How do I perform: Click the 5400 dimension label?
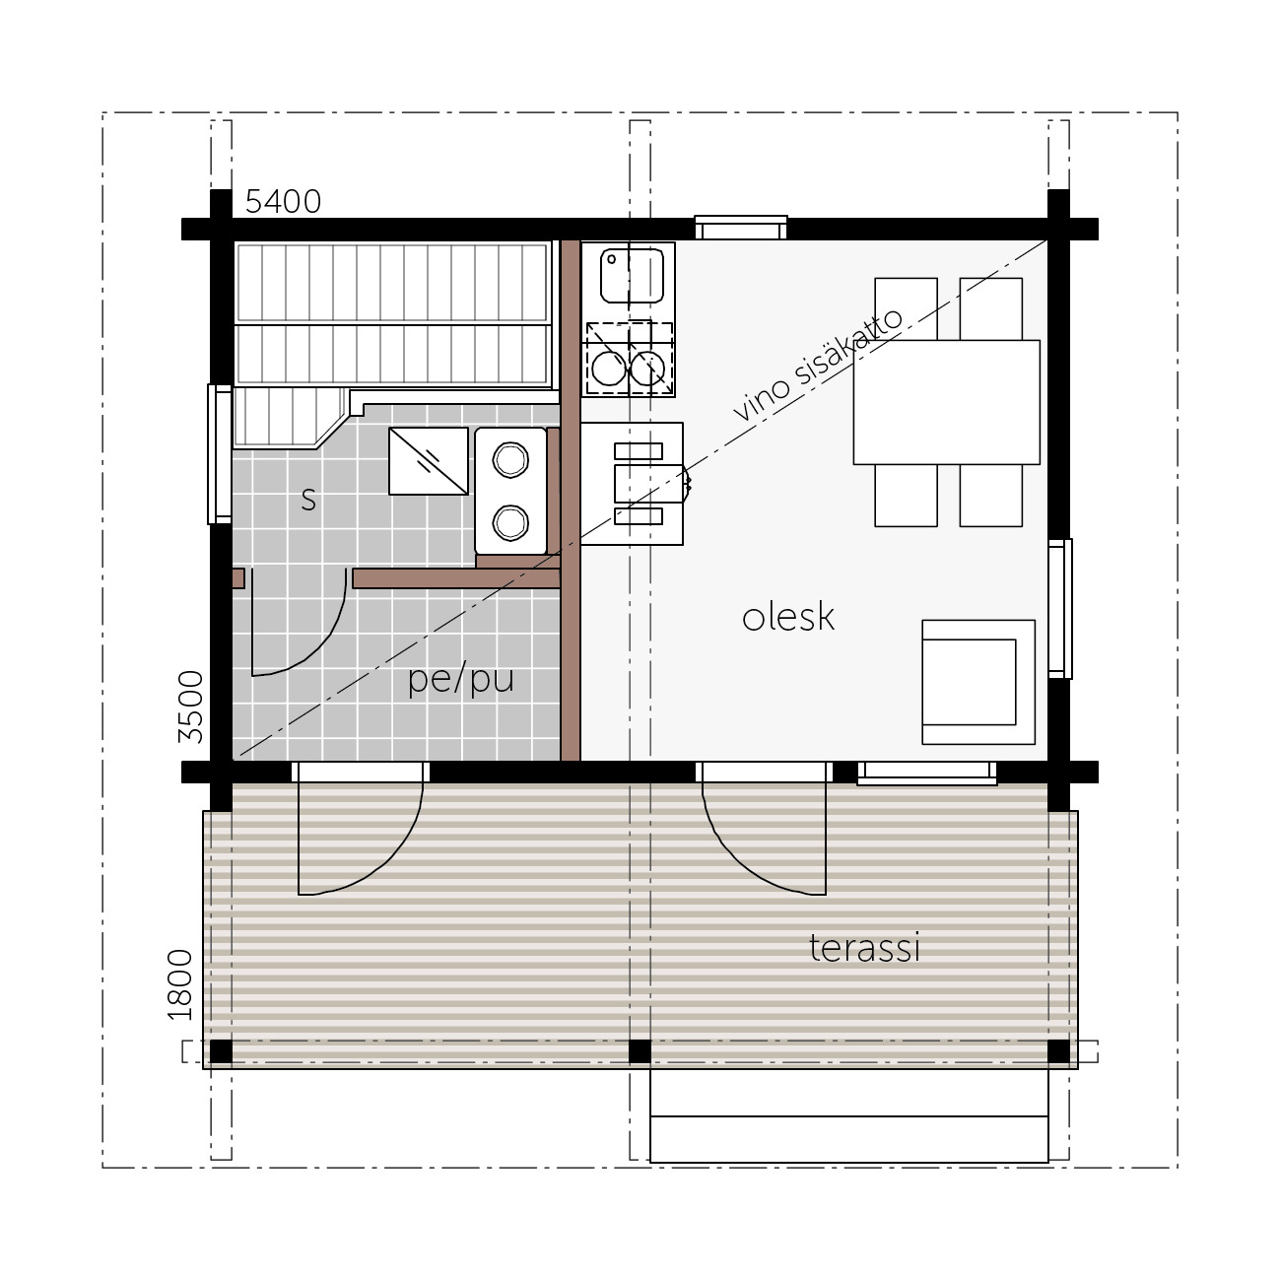283,201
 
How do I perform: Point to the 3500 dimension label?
190,707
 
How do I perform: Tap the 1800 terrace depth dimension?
180,985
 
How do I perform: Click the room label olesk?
787,617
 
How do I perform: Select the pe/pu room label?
461,680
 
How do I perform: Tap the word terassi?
864,947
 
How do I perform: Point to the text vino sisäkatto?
818,366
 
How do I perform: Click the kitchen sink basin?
632,276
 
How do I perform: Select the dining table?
947,402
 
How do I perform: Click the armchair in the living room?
978,682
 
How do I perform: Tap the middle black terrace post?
640,1051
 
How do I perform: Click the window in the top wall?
741,228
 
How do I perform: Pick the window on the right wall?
1060,608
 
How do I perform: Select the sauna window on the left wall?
220,454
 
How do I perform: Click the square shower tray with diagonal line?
429,461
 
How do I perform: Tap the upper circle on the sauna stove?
510,459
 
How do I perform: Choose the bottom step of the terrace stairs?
849,1139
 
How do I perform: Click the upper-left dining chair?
906,308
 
